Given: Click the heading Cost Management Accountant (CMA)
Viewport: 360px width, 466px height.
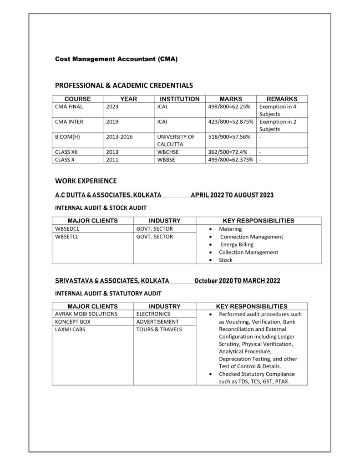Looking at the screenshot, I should tap(116, 59).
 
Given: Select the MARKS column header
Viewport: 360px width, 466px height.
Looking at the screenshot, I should tap(231, 99).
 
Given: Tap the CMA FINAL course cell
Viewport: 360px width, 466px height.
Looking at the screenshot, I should tap(69, 106).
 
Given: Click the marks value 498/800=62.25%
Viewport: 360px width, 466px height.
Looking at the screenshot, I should tap(229, 106).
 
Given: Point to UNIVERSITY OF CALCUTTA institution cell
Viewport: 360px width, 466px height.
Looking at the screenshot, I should tap(176, 140).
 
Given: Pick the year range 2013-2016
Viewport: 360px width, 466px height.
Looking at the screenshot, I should tap(119, 137).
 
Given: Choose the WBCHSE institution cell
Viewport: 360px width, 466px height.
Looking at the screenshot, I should tap(167, 152).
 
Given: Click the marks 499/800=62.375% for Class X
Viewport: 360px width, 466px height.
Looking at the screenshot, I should tap(231, 159).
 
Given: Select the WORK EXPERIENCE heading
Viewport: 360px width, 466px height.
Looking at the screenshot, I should tap(86, 181).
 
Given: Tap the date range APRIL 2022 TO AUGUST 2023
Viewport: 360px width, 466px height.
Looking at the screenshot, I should tap(232, 195).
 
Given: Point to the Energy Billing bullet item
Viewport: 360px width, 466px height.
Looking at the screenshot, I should tap(237, 244).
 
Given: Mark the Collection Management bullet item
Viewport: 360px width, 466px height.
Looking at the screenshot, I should tap(248, 252).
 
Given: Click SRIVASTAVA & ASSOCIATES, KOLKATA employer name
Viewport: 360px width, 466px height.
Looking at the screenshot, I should tap(112, 281).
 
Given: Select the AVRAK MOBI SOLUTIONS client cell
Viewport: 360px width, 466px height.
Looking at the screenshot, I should tap(86, 314).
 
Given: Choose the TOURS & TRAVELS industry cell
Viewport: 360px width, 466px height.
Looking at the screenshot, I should tap(159, 329).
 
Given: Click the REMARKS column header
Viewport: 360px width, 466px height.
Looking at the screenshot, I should tap(282, 99).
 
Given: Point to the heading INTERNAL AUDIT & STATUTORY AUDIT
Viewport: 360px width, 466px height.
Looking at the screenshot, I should tap(108, 294).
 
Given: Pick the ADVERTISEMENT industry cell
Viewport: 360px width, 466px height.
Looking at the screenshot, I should tap(157, 322).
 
